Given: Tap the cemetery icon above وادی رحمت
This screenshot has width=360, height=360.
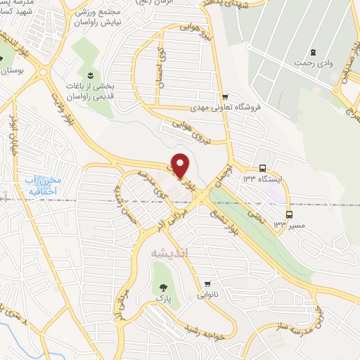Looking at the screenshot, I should click(x=313, y=53).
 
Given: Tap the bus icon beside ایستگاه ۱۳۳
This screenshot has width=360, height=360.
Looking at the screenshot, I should click(x=262, y=168).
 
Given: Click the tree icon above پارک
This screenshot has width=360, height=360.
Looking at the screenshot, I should click(x=163, y=287).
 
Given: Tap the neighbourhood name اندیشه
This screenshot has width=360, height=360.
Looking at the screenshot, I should click(x=165, y=251).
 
